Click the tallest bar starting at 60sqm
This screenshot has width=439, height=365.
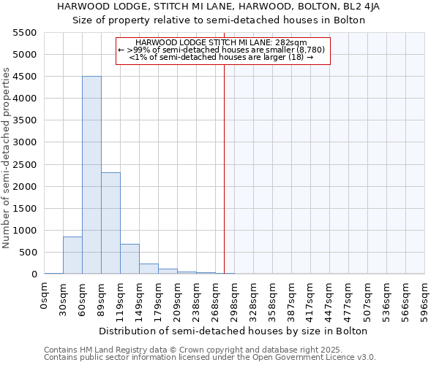click(x=91, y=175)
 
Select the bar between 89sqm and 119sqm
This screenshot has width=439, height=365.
click(x=110, y=223)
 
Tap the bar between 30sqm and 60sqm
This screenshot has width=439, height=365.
click(x=72, y=255)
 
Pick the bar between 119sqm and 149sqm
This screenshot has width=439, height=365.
click(x=130, y=259)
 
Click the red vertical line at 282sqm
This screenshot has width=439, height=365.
click(x=224, y=168)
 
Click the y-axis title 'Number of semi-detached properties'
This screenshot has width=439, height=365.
click(x=7, y=158)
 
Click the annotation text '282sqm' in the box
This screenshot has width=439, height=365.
click(x=291, y=43)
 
